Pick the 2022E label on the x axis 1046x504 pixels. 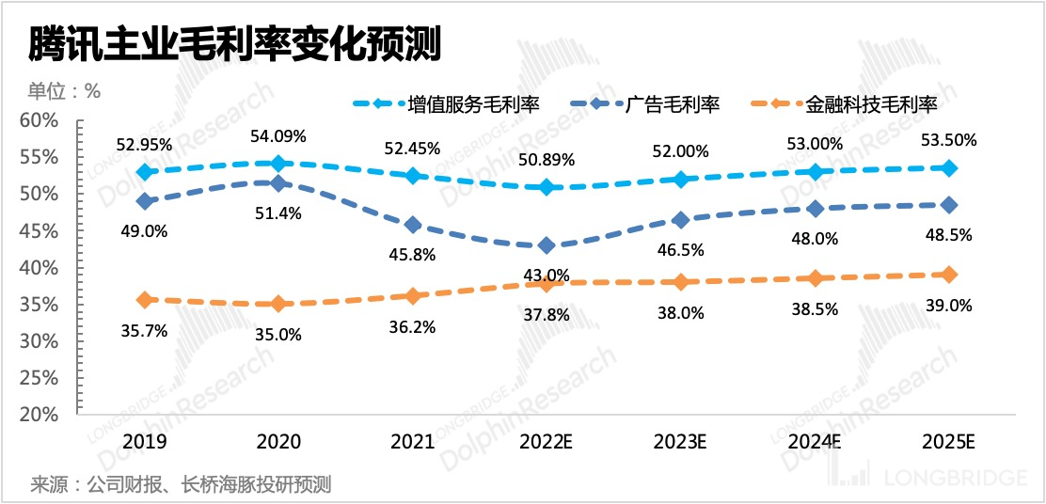[546, 440]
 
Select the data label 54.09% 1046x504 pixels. [278, 136]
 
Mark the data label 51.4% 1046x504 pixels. [278, 213]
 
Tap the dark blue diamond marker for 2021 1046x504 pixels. [412, 225]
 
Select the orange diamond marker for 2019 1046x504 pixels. [144, 300]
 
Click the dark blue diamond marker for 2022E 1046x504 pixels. [546, 245]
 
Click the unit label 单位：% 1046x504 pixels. [63, 91]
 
